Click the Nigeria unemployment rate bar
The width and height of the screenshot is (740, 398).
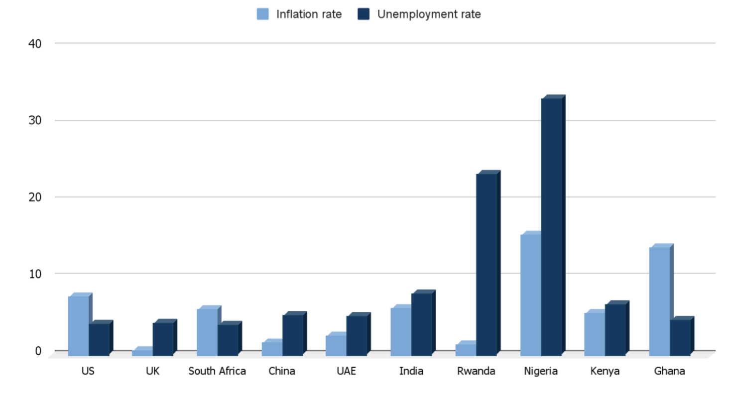pos(551,226)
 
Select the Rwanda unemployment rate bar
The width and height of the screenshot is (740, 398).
pos(487,264)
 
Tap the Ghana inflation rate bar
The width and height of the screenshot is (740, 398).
pos(659,301)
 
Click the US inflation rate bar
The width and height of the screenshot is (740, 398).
pos(78,326)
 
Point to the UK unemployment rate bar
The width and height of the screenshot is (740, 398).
pos(163,339)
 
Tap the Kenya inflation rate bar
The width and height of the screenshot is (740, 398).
pos(595,334)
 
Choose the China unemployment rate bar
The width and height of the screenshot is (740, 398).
pos(292,335)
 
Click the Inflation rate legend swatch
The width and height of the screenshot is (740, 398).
pos(263,14)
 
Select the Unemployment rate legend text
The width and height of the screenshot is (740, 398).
pos(429,14)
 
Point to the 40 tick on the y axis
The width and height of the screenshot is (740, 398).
pos(35,44)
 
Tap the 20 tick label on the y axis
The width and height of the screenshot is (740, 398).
pos(35,197)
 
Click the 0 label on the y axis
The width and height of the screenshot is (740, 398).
pos(38,351)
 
